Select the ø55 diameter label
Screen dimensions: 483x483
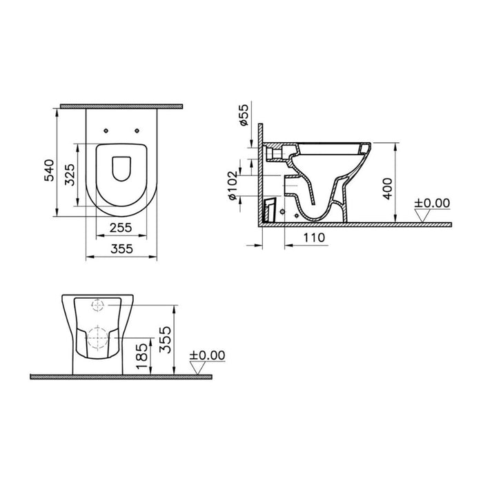point(243,116)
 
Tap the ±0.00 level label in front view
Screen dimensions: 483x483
point(206,355)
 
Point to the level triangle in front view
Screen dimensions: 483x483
point(197,368)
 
